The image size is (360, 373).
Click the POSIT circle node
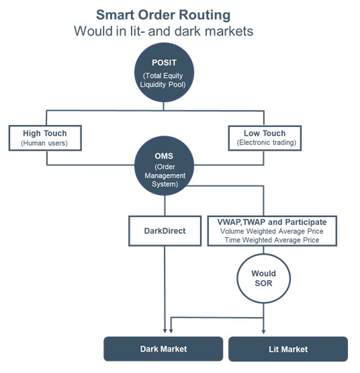pos(164,73)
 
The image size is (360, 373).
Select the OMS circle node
pos(164,165)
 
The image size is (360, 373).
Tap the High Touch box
pos(45,138)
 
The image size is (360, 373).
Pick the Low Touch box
pos(265,138)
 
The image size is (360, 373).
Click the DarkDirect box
pos(165,231)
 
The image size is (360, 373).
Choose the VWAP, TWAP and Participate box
pos(272,231)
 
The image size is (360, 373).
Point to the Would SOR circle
pos(263,278)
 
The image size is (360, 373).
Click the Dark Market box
pos(163,349)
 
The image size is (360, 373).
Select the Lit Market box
pos(288,349)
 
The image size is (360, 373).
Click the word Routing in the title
pos(204,15)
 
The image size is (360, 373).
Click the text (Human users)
pos(44,143)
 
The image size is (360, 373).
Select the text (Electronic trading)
pos(267,142)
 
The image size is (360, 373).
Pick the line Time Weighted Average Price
pos(272,240)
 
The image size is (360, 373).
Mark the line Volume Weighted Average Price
pos(272,231)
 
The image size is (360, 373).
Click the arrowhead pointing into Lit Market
pos(263,331)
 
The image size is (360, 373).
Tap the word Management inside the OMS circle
pos(165,175)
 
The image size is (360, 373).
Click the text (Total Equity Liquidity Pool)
pos(163,80)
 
